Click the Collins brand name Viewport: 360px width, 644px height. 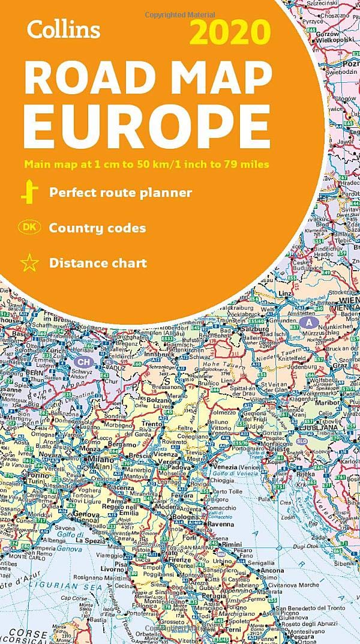click(x=62, y=28)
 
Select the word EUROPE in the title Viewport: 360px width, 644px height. click(x=151, y=124)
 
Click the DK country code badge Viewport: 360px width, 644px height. click(x=28, y=227)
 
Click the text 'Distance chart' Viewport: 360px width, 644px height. click(x=98, y=263)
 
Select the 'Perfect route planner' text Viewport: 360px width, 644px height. click(x=121, y=193)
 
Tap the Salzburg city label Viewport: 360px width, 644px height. click(x=255, y=329)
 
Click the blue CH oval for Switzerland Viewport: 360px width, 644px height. click(x=85, y=362)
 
